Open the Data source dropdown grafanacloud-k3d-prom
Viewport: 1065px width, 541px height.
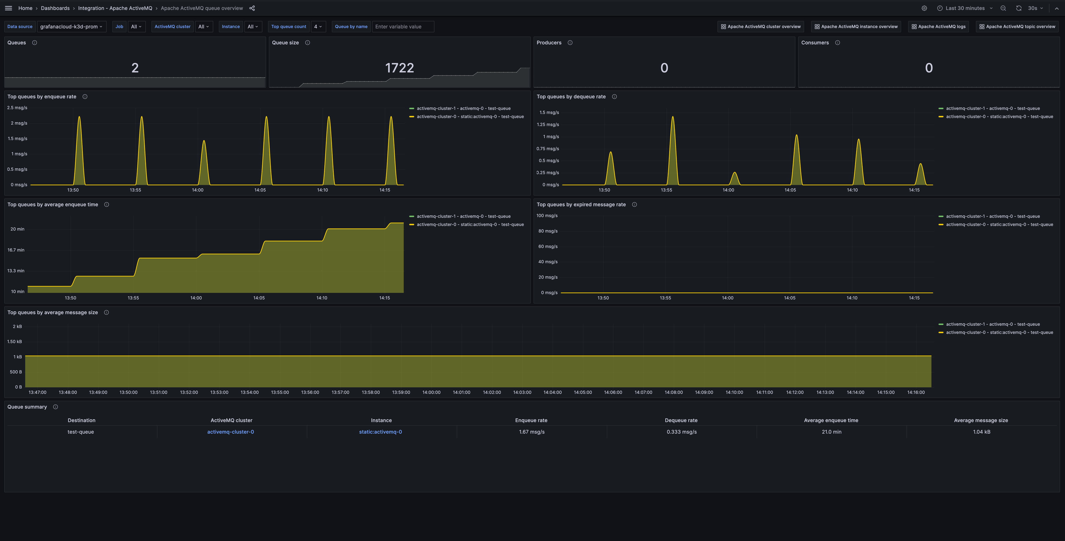tap(71, 26)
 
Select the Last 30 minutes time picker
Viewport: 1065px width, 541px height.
tap(965, 8)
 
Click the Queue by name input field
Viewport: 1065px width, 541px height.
tap(403, 26)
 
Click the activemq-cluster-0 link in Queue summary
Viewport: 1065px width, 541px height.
tap(230, 432)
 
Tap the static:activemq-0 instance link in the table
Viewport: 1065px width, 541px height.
tap(380, 432)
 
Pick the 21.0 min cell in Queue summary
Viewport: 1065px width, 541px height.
tap(831, 432)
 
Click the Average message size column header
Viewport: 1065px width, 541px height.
tap(981, 420)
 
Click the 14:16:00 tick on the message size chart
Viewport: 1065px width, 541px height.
tap(916, 392)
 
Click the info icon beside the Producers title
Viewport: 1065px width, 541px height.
tap(570, 43)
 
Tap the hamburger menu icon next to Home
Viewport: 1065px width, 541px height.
tap(8, 8)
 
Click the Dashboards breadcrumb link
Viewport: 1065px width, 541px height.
tap(55, 8)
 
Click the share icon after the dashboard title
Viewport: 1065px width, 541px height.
tap(252, 8)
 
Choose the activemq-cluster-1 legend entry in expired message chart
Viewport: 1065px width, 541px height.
tap(992, 216)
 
